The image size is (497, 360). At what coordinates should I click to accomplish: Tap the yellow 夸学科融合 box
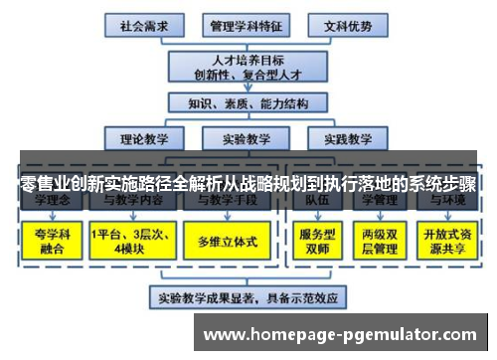coord(50,239)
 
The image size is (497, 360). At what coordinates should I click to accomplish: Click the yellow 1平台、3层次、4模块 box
coord(128,239)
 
